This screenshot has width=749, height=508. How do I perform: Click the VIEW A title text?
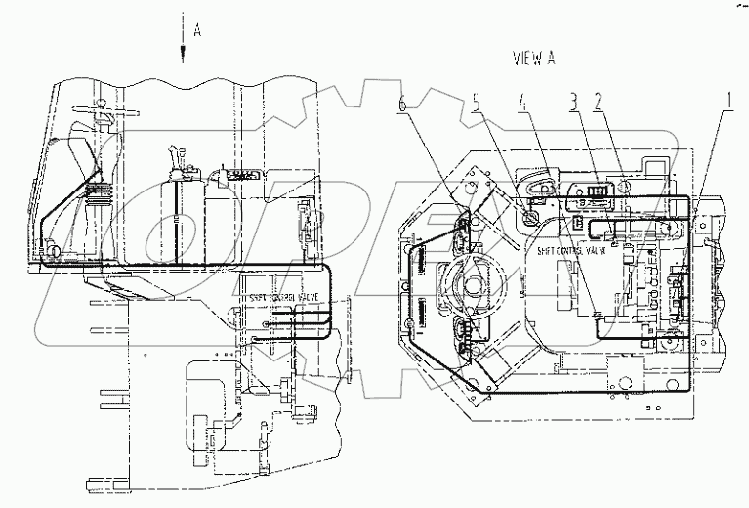click(534, 58)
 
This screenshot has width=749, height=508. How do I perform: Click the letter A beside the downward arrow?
click(197, 30)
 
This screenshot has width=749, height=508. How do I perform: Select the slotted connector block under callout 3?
click(586, 187)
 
